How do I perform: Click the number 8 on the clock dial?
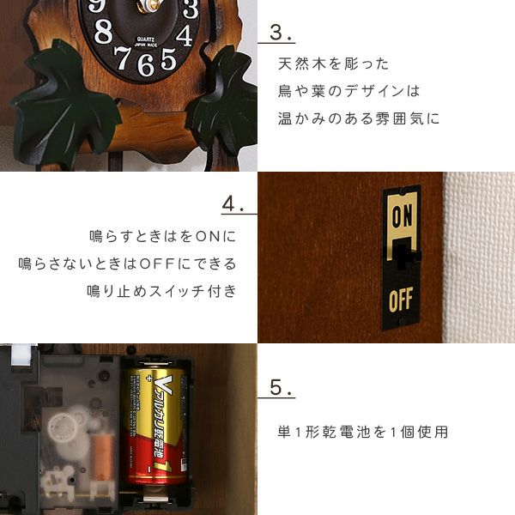tap(103, 31)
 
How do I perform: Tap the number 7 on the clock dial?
tap(123, 58)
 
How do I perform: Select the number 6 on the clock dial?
tap(145, 65)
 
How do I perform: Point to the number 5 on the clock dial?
tap(168, 58)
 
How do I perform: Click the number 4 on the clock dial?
tap(185, 35)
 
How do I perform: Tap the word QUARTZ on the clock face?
tap(146, 39)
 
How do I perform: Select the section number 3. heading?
tap(280, 33)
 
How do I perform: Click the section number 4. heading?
tap(233, 203)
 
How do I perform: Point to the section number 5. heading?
tap(280, 388)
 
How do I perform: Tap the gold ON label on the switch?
tap(402, 216)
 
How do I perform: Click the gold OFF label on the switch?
tap(401, 300)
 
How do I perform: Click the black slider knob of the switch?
tap(403, 256)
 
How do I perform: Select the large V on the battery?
tap(164, 385)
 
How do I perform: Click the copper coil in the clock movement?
tap(103, 457)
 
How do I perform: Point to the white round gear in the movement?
tap(63, 428)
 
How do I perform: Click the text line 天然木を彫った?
tap(333, 64)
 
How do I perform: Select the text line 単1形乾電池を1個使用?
tap(362, 432)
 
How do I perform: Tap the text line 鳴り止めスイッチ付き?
tap(161, 291)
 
